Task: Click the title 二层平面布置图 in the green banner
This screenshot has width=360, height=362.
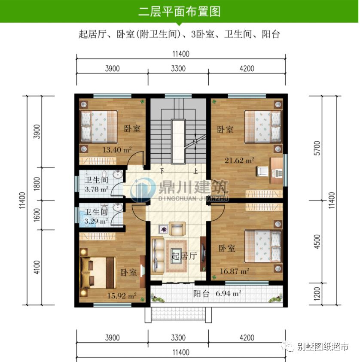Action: (x=180, y=12)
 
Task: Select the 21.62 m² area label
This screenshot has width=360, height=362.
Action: (x=240, y=161)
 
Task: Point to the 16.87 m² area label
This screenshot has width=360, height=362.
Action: (x=234, y=271)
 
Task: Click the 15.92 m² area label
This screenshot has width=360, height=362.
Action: (x=122, y=295)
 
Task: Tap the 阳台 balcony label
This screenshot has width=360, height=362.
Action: (x=201, y=294)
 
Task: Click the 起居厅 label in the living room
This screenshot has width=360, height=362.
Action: (x=184, y=256)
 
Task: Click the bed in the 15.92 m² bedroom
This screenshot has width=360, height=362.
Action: (x=99, y=272)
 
